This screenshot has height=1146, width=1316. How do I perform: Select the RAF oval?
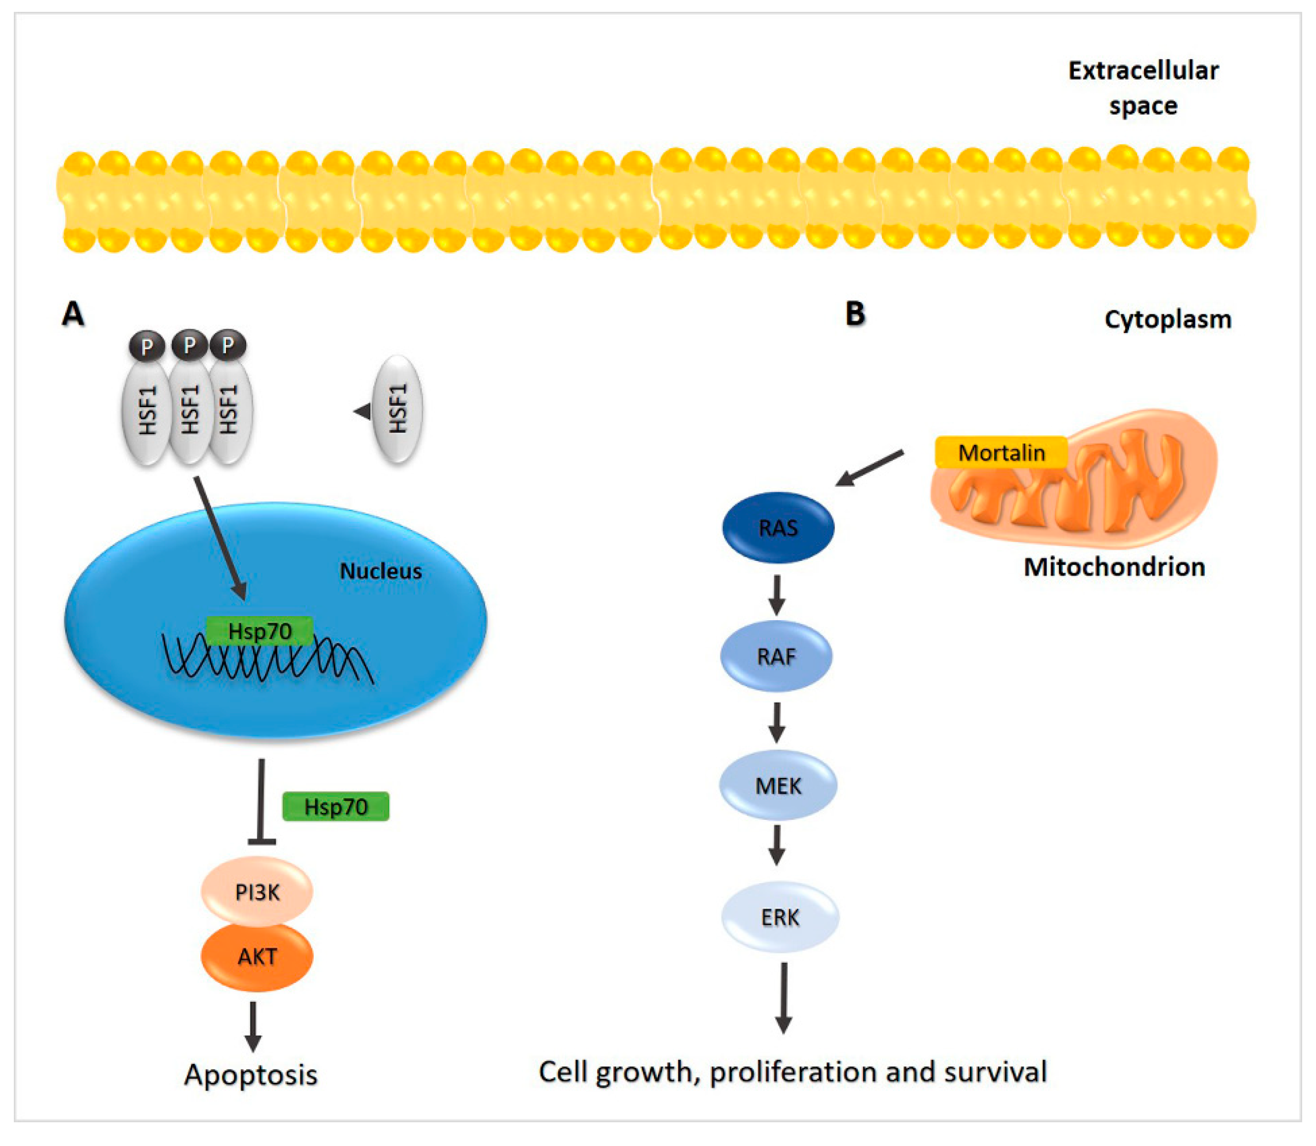776,656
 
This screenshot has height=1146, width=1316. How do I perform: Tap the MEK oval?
778,785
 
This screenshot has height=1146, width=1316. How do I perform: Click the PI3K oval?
257,891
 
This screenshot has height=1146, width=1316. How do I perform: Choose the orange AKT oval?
257,956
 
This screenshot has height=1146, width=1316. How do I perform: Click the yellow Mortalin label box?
1001,453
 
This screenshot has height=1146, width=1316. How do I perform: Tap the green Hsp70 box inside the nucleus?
260,631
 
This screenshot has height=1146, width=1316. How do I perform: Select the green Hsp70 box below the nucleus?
336,806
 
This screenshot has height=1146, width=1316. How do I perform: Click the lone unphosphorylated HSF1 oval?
398,409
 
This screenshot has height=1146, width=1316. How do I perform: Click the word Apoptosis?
251,1074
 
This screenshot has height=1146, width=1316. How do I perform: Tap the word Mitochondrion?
1114,567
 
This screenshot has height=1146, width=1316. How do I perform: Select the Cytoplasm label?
1168,320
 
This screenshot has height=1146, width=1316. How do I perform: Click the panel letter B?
855,314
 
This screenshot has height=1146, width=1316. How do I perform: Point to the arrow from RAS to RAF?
777,594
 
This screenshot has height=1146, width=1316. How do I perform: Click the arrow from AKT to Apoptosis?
253,1026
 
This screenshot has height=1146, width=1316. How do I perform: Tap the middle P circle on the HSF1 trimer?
189,345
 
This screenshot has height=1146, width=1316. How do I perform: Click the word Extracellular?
1143,70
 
